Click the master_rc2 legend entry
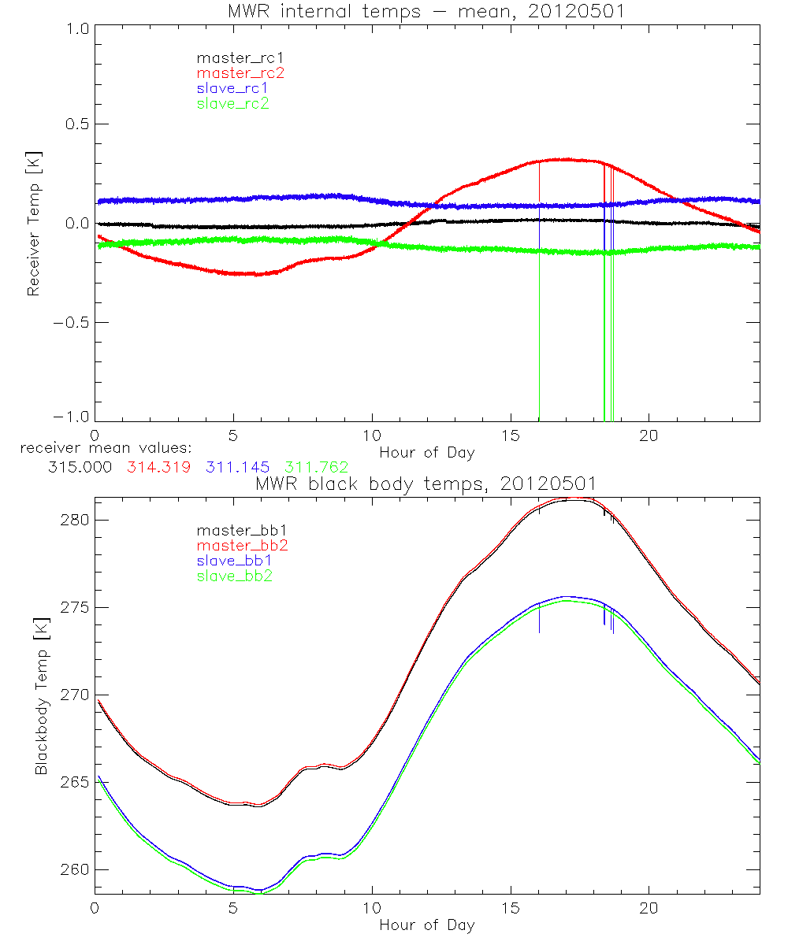240,72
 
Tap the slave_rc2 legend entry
232,103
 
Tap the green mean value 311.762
316,467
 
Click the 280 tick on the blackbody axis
76,520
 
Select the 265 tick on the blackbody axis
76,782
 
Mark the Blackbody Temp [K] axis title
41,693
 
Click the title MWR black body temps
426,483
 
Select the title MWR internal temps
426,11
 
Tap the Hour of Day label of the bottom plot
426,925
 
